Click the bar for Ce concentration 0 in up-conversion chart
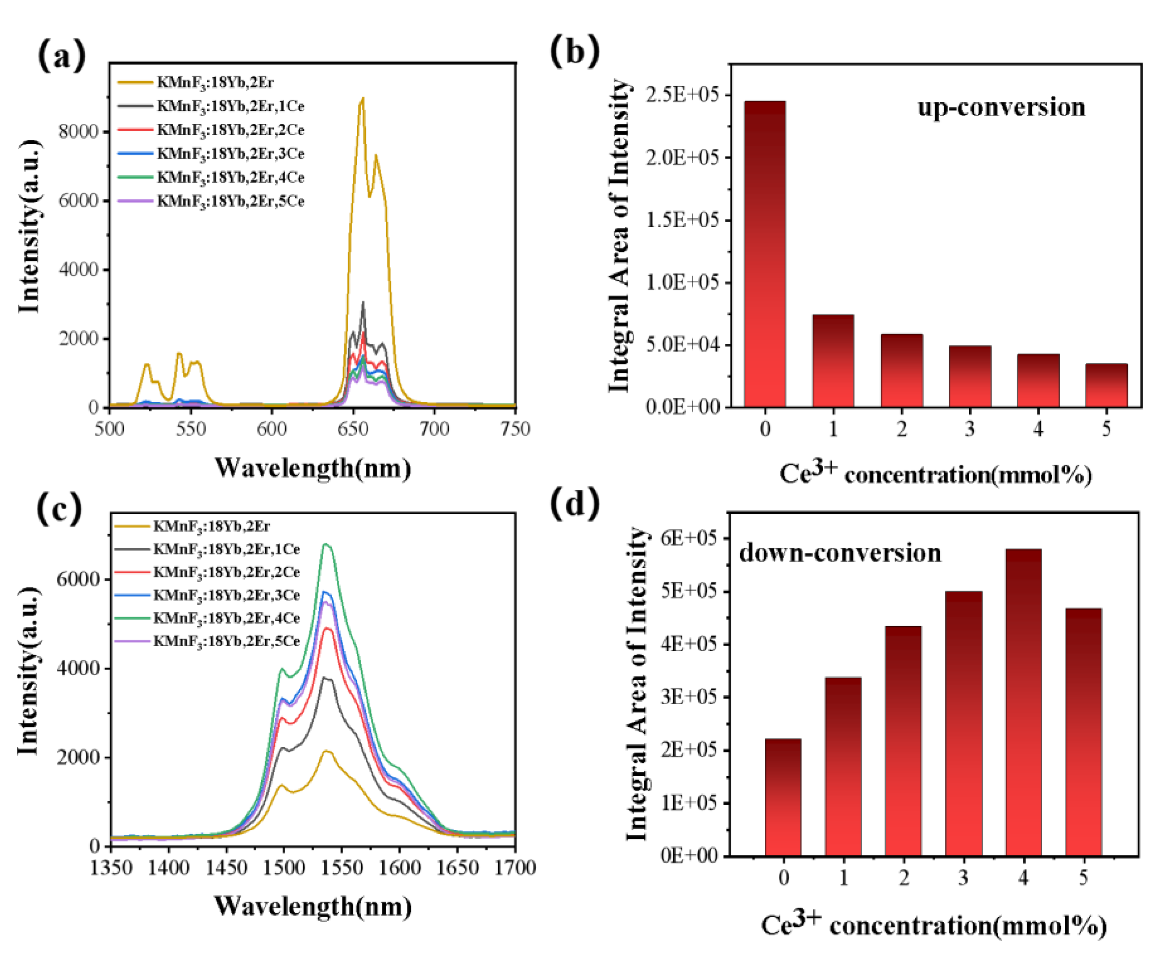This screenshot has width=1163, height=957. pyautogui.click(x=765, y=254)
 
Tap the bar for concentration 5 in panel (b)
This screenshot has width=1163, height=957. pyautogui.click(x=1106, y=385)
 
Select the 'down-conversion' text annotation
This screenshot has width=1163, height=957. pyautogui.click(x=840, y=553)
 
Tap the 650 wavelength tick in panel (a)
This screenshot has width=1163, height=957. pyautogui.click(x=353, y=429)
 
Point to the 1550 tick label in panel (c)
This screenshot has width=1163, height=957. pyautogui.click(x=341, y=868)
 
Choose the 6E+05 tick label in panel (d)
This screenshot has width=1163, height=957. pyautogui.click(x=688, y=538)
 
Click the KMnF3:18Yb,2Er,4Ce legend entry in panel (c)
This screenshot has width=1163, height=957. pyautogui.click(x=226, y=619)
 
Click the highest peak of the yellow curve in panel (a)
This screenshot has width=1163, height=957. pyautogui.click(x=362, y=99)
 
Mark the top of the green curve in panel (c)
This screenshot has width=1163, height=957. pyautogui.click(x=326, y=545)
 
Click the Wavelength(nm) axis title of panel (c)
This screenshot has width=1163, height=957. pyautogui.click(x=312, y=907)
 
